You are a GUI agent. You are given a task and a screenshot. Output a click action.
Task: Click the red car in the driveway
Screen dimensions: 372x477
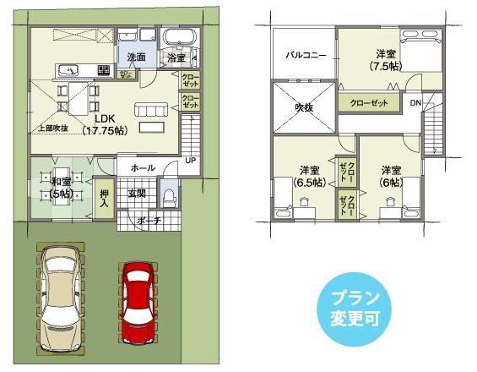[137, 302]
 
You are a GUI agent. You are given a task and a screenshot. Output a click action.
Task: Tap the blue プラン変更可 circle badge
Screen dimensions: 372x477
[355, 308]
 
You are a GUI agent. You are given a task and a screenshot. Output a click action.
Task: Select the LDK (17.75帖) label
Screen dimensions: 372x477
[105, 124]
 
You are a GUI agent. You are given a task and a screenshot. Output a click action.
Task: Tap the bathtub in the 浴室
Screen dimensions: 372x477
[179, 40]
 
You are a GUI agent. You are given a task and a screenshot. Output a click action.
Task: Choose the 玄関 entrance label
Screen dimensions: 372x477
[137, 194]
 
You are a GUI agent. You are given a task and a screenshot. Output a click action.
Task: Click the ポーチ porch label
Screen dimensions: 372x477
[149, 222]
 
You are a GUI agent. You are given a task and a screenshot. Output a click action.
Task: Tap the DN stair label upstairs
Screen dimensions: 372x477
[415, 102]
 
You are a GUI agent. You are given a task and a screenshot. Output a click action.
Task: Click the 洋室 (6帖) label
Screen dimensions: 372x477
[389, 174]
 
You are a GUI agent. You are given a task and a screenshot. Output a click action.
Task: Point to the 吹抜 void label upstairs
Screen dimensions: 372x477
[303, 107]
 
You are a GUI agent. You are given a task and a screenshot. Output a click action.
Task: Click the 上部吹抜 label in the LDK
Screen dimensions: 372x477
[51, 128]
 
